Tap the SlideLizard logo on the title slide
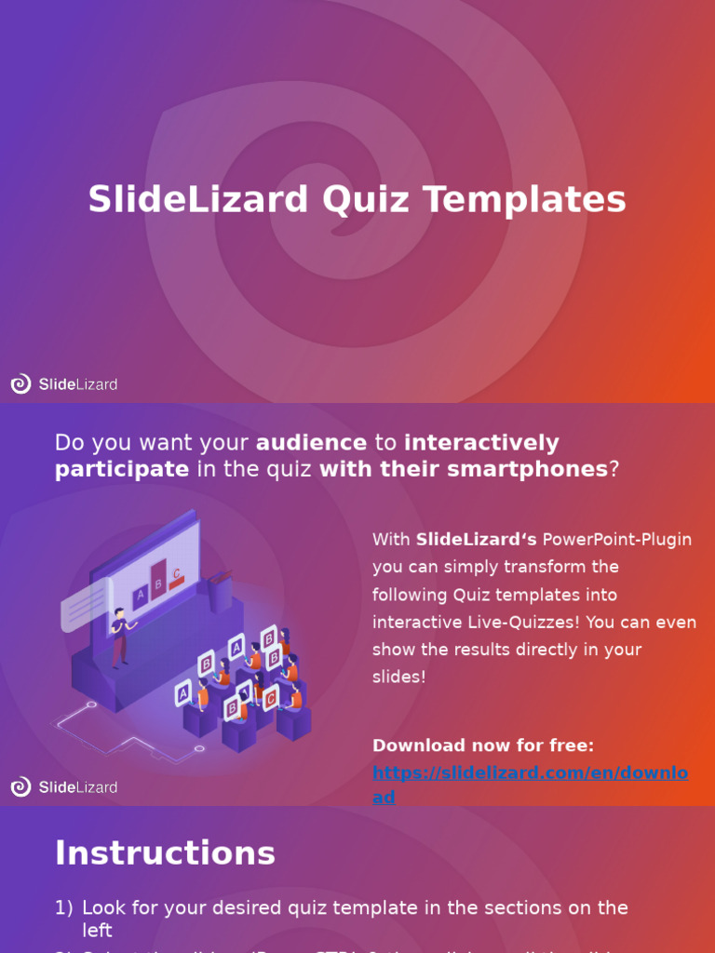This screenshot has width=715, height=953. pyautogui.click(x=64, y=383)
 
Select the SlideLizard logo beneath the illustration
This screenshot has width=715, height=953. pyautogui.click(x=64, y=787)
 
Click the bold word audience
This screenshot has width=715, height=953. pyautogui.click(x=311, y=443)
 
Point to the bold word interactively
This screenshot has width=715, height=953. pyautogui.click(x=481, y=443)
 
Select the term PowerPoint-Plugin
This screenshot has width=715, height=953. pyautogui.click(x=617, y=540)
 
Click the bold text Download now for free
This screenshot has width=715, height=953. pyautogui.click(x=483, y=745)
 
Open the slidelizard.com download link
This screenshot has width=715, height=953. pyautogui.click(x=530, y=772)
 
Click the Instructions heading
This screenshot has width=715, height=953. pyautogui.click(x=165, y=852)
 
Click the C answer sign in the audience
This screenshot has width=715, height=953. pyautogui.click(x=271, y=698)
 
